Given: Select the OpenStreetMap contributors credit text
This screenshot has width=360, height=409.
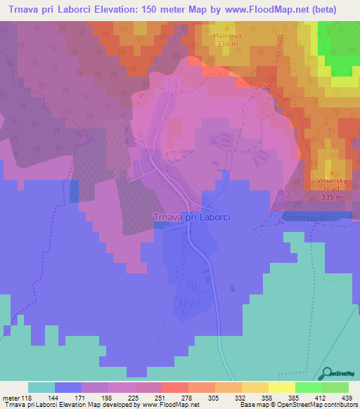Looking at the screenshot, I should click(x=319, y=404).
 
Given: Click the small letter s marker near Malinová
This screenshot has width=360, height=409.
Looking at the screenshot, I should click(x=264, y=86).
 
